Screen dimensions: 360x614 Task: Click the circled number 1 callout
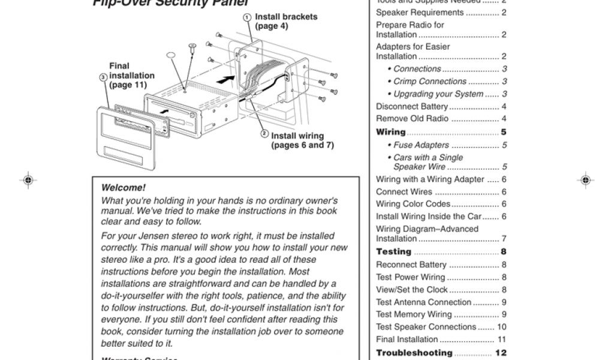(x=246, y=17)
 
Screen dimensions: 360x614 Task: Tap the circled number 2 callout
(x=264, y=133)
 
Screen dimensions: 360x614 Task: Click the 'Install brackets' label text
(x=286, y=21)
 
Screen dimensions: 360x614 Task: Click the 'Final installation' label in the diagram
(x=131, y=76)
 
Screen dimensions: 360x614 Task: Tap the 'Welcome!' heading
(x=124, y=188)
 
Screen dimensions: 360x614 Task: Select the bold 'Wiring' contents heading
(x=391, y=132)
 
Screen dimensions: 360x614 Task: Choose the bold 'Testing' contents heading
(x=394, y=252)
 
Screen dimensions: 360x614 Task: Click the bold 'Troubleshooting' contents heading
(x=414, y=353)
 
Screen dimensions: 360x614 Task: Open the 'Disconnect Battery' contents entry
(x=413, y=107)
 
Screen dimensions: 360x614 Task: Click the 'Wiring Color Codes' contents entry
(x=413, y=204)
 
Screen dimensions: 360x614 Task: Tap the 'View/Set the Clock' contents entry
(x=411, y=290)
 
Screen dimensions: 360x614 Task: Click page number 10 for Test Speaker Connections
(x=502, y=327)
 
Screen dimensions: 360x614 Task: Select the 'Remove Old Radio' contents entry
(x=411, y=119)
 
